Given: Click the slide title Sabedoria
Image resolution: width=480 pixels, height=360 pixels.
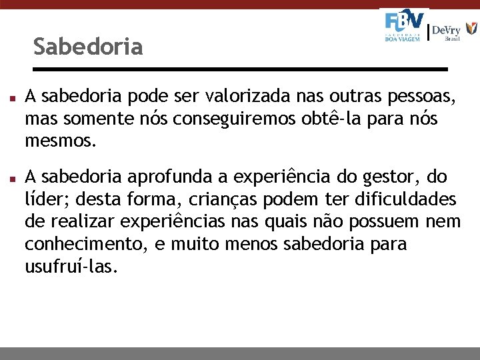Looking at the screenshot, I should click(87, 47).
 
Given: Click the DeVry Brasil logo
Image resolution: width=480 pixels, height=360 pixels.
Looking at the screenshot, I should click(453, 31).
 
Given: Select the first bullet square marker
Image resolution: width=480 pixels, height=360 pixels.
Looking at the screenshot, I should click(14, 98).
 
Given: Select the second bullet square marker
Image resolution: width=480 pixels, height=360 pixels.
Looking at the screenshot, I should click(14, 179).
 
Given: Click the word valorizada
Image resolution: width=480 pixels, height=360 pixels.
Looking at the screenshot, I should click(244, 97).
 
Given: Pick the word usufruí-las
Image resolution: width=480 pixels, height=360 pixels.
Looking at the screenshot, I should click(71, 267).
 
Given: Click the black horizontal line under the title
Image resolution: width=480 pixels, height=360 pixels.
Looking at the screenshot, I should click(240, 69).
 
